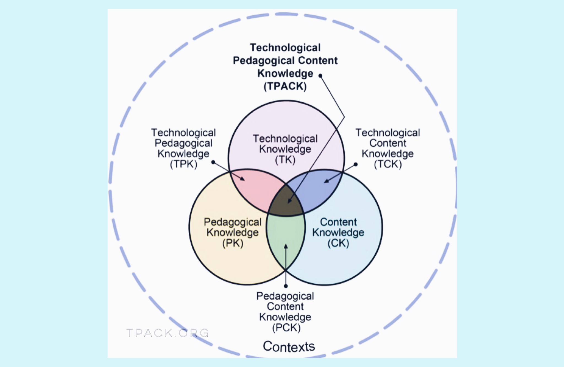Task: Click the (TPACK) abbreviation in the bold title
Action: (x=285, y=86)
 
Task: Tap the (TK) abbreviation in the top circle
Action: (x=285, y=160)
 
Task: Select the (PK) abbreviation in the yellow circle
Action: (x=233, y=243)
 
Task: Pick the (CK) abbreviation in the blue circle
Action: (x=338, y=243)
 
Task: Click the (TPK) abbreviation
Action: (x=184, y=164)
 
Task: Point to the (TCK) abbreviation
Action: (x=388, y=164)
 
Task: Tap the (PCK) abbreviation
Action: (x=286, y=328)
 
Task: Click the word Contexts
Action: (x=289, y=346)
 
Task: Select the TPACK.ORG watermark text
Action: (x=168, y=333)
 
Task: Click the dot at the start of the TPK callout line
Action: (x=213, y=162)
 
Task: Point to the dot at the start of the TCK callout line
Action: (x=356, y=164)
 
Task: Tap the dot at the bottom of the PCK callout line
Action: (x=286, y=286)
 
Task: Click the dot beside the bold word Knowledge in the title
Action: (x=320, y=76)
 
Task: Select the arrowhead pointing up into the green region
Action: (x=286, y=246)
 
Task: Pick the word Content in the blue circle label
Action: (x=338, y=222)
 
